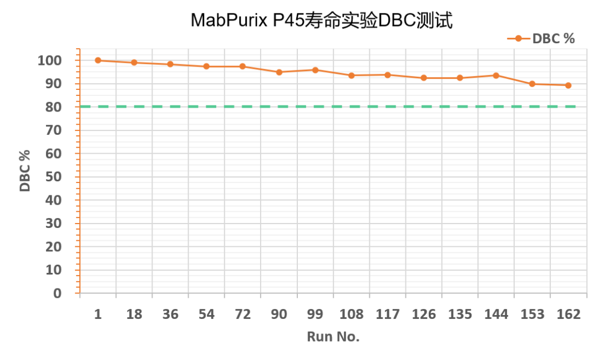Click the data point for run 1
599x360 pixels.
(98, 60)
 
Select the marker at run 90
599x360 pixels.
(279, 72)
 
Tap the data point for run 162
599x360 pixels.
(568, 85)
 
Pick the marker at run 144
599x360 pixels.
(496, 75)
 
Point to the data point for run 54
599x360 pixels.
(206, 66)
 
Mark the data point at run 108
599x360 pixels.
(351, 75)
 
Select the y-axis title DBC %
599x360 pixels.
(25, 170)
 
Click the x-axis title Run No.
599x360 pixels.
(333, 337)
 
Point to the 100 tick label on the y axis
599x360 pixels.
(49, 60)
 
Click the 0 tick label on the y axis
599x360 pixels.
(57, 293)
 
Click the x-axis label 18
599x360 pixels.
(134, 314)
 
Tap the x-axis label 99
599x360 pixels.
(315, 314)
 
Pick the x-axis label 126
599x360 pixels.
(424, 314)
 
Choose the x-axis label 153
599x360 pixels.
(532, 314)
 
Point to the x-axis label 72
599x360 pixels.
(243, 314)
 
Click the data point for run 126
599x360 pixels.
(424, 78)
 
